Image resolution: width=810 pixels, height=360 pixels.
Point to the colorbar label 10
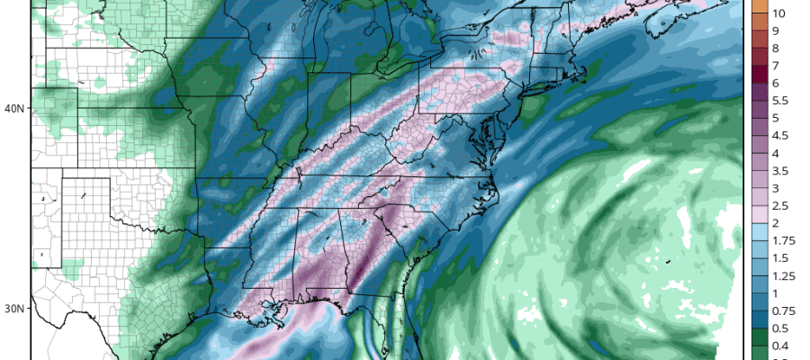[x=779, y=13]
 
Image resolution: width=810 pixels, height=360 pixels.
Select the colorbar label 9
[x=776, y=31]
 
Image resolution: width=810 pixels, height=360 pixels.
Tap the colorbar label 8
[x=776, y=48]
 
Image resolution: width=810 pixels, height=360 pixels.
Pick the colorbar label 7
[x=776, y=66]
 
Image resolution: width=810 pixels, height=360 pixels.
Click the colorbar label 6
[x=776, y=83]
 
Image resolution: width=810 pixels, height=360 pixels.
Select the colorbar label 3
[x=776, y=188]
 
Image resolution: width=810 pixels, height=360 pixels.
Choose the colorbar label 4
[x=776, y=153]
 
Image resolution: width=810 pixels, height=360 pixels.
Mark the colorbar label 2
[x=776, y=223]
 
